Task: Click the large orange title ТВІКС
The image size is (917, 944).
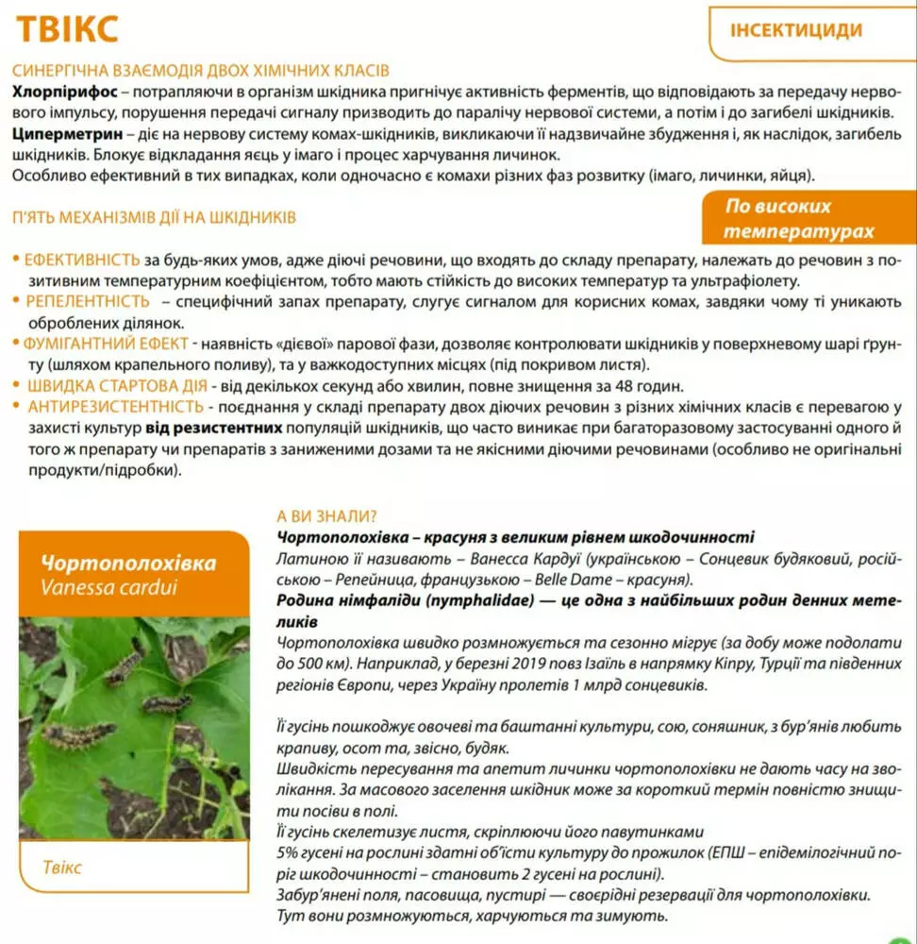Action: coord(67,28)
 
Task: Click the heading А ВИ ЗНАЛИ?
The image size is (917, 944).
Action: coord(326,516)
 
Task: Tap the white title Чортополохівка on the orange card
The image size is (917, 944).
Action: coord(128,564)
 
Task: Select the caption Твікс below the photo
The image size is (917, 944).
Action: coord(62,867)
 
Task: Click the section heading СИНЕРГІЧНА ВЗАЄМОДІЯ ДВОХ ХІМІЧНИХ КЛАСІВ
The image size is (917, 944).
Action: coord(201,71)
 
